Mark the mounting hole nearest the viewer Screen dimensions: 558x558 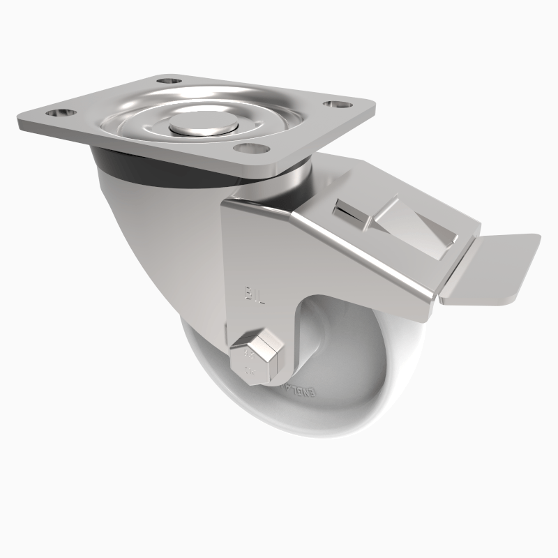248,149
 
